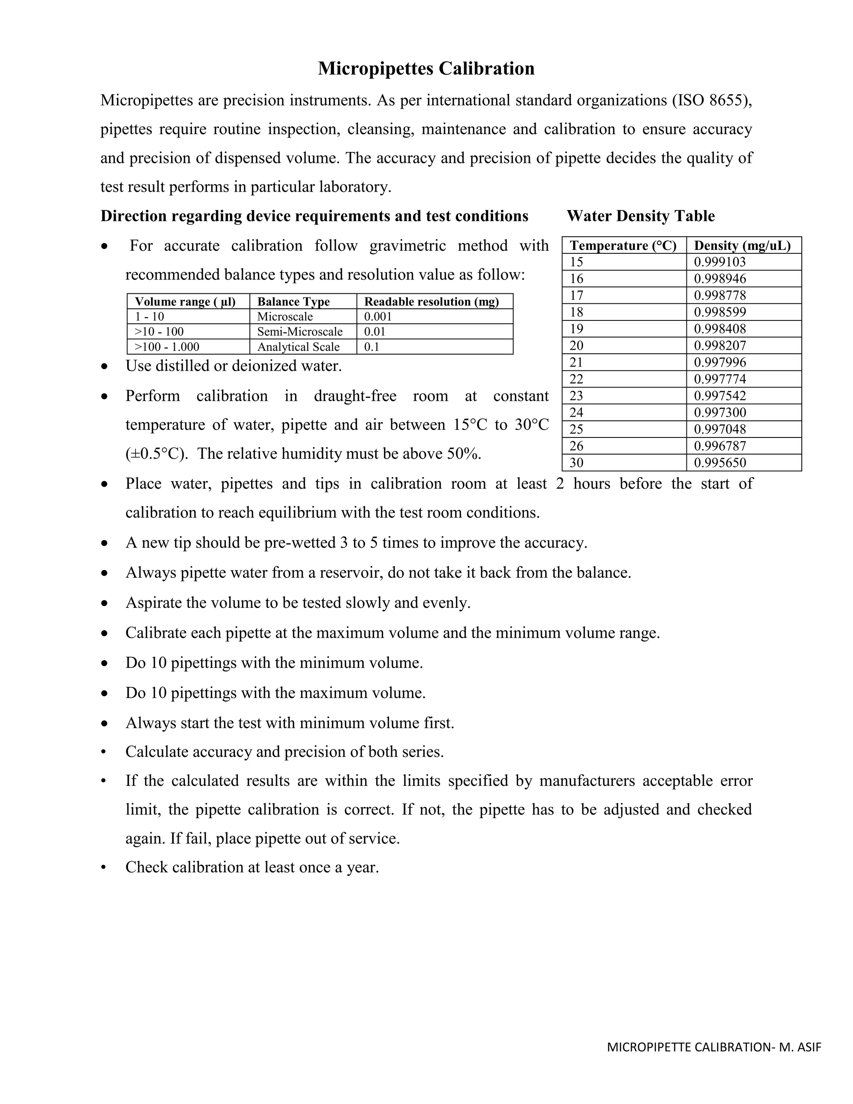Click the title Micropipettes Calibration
coord(426,68)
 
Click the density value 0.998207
coord(720,346)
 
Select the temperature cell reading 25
coord(576,429)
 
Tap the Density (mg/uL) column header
coord(742,246)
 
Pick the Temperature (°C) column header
coord(623,246)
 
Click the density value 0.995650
coord(720,462)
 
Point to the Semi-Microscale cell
coord(299,332)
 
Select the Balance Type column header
coord(293,302)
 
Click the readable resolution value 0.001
coord(378,317)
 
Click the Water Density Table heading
coord(640,216)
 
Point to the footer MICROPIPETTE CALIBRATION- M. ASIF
coord(713,1047)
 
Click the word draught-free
coord(355,395)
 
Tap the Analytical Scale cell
coord(298,347)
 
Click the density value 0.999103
coord(720,262)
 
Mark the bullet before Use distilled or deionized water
coord(104,366)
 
